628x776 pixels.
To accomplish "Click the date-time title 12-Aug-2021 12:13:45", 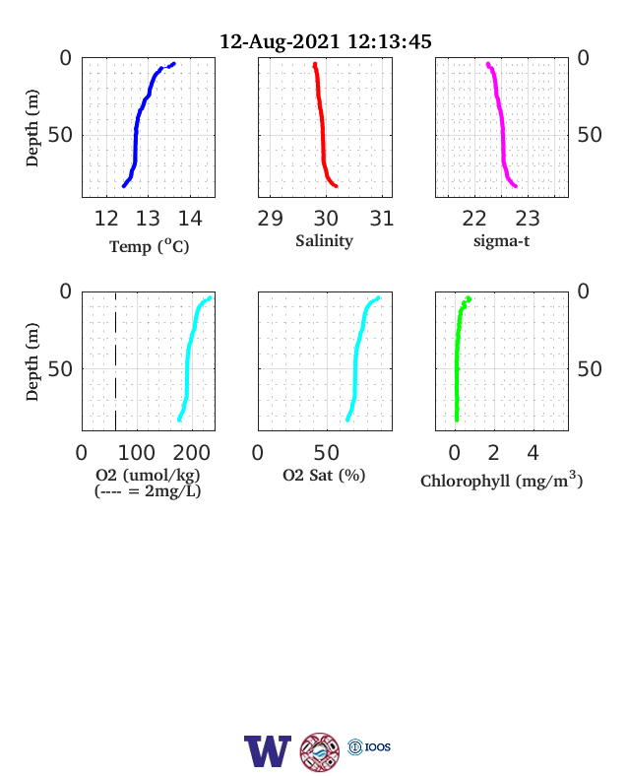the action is coord(326,41).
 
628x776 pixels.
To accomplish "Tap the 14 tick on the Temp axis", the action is coord(190,219).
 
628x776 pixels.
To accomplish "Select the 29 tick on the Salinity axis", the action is coord(270,219).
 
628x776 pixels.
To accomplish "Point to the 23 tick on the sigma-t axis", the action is coord(528,219).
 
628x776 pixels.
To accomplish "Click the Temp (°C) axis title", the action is coord(150,245).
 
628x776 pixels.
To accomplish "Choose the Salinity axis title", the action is coord(325,240).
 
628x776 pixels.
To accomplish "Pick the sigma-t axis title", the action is coord(501,241).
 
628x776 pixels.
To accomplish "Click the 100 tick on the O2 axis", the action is coord(137,452).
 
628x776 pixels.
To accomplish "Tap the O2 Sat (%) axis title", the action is coord(324,475).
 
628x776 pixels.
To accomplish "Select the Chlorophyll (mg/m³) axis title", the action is coord(501,480).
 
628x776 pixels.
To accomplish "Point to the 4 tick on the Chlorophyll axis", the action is coord(533,452).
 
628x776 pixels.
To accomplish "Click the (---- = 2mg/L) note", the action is coord(148,491).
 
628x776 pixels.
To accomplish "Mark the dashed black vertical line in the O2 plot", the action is coord(116,361).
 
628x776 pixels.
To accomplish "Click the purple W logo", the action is coord(268,751).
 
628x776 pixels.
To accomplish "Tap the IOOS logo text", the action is coord(378,746).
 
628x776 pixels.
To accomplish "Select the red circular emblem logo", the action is coord(320,752).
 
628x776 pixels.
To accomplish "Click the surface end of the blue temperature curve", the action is coord(173,64).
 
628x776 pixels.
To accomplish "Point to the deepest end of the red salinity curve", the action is coord(336,186).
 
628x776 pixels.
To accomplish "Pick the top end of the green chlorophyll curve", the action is coord(469,298).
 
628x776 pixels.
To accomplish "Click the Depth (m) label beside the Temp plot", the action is coord(31,128).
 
